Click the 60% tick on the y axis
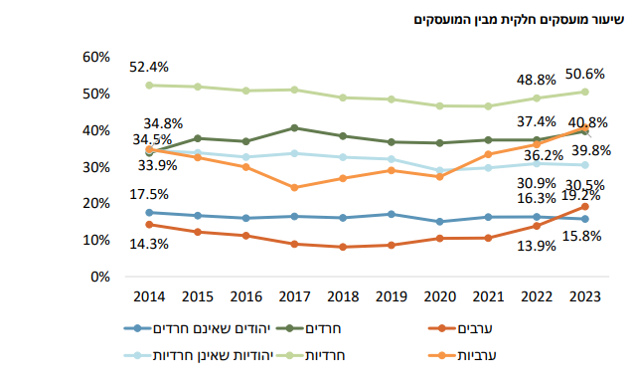(95, 57)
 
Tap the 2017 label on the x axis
(294, 296)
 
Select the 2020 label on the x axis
(440, 296)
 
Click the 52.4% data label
(149, 67)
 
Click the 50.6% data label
(586, 74)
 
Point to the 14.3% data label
(149, 242)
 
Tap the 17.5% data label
(149, 194)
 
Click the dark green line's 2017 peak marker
(294, 127)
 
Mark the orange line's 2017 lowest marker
(294, 187)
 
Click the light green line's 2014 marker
(149, 85)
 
